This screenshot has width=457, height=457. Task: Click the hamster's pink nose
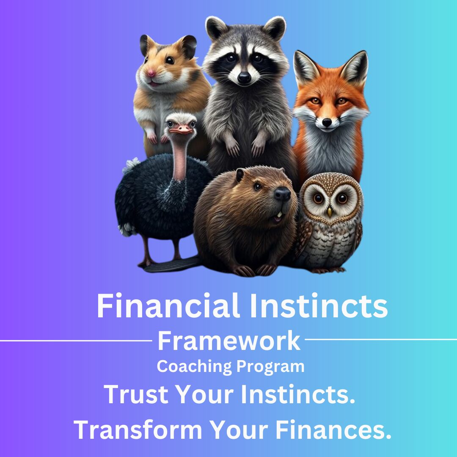click(x=151, y=73)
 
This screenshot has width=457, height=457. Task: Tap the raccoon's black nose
click(x=244, y=77)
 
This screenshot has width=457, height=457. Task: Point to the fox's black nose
click(x=327, y=123)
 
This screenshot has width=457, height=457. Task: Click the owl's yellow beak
click(x=329, y=212)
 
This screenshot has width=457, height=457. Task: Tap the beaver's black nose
click(x=282, y=194)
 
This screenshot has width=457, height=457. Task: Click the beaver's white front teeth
click(x=280, y=215)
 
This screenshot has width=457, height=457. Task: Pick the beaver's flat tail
click(x=172, y=264)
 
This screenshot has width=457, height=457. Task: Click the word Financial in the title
click(x=168, y=306)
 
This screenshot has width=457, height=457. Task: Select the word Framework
click(x=229, y=341)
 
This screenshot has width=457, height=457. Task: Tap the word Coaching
click(x=194, y=366)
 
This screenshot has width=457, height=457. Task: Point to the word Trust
click(x=136, y=394)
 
